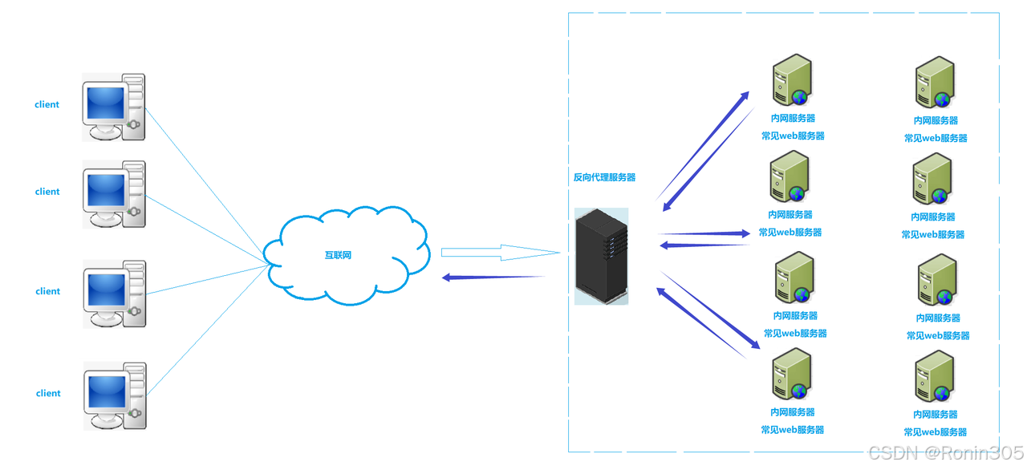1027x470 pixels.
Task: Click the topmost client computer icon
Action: tap(114, 107)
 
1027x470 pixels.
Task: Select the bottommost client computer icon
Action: tap(115, 395)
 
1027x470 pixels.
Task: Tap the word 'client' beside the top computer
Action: tap(47, 105)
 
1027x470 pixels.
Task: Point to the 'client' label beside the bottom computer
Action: tap(48, 394)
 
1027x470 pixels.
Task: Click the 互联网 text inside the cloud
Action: tap(338, 255)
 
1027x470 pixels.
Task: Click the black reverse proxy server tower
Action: tap(601, 256)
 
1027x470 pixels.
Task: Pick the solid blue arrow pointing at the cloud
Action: tap(493, 278)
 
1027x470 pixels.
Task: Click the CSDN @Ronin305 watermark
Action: tap(944, 453)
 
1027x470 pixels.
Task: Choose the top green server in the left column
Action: tap(791, 80)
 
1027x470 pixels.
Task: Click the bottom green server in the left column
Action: tap(790, 375)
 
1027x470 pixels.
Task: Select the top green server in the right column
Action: tap(935, 83)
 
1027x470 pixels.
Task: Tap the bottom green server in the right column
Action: tap(934, 377)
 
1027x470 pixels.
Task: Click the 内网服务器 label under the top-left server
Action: tap(793, 119)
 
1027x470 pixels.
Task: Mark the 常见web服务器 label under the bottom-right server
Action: tap(935, 432)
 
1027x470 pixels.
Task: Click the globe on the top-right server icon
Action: tap(942, 99)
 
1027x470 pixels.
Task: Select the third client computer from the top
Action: tap(115, 294)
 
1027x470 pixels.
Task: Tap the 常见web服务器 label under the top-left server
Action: tap(793, 136)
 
